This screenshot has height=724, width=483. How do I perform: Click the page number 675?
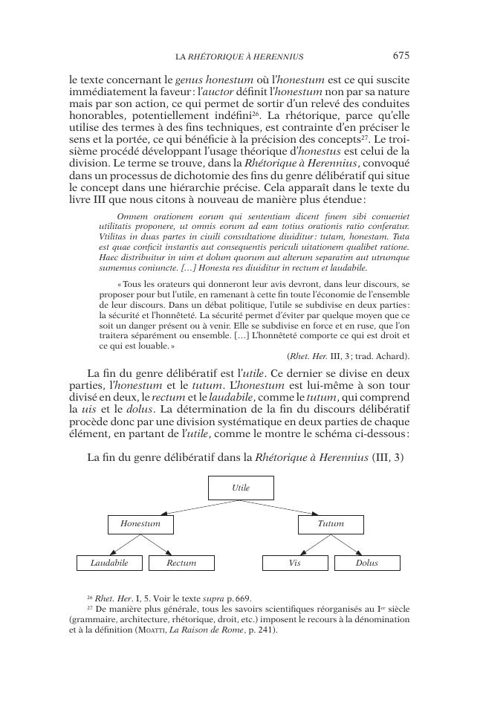click(x=401, y=55)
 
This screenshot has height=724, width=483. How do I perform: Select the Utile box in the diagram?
click(x=241, y=488)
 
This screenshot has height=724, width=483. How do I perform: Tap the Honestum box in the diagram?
click(x=140, y=524)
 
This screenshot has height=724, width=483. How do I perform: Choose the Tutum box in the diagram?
click(x=331, y=524)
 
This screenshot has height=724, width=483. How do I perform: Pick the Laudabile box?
click(x=109, y=563)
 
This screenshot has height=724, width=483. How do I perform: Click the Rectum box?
click(x=181, y=563)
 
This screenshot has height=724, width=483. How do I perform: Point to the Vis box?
click(x=295, y=563)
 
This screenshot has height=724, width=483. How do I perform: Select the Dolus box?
click(x=367, y=563)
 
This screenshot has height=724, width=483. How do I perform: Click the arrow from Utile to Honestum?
click(x=190, y=508)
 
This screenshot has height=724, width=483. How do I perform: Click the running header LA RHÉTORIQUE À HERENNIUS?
click(x=239, y=56)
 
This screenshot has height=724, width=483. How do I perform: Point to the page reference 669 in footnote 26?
click(x=243, y=597)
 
